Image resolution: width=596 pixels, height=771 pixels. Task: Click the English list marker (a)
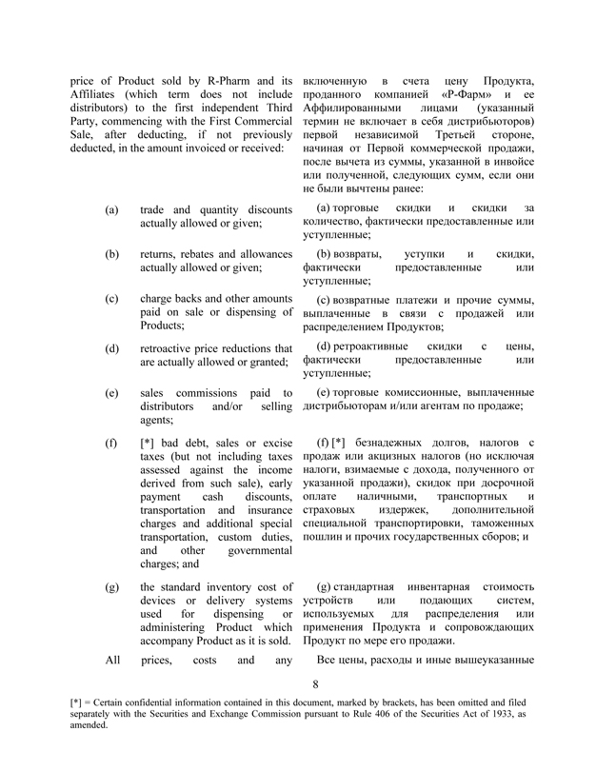(112, 208)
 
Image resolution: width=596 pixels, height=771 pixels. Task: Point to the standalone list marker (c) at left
(112, 299)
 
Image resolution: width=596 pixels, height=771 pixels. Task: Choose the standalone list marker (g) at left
(112, 586)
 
